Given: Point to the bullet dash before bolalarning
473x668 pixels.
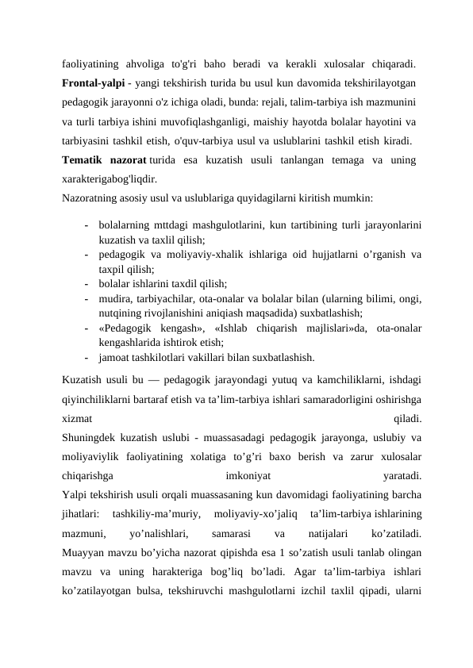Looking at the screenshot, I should pyautogui.click(x=84, y=226).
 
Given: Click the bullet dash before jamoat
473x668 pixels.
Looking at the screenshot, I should pyautogui.click(x=84, y=356).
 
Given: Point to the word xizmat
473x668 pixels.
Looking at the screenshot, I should pyautogui.click(x=77, y=417).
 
